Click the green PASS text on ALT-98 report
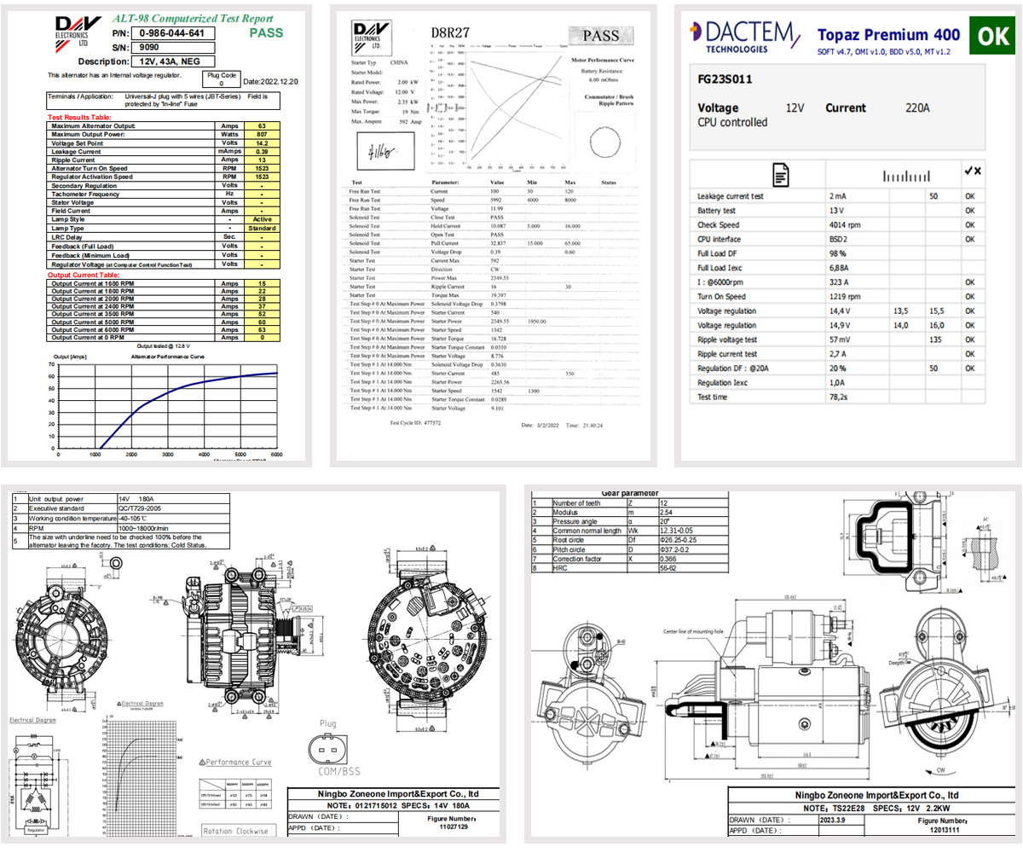coord(266,34)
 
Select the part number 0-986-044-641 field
coord(171,33)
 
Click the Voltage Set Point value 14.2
coord(262,144)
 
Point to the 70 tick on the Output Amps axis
coord(52,364)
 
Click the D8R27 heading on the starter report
coord(445,33)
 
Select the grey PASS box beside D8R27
coord(601,36)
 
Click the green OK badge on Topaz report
coord(992,36)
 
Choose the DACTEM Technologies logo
coord(743,36)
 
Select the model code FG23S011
coord(725,79)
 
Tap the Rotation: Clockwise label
coord(235,830)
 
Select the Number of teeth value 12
coord(664,503)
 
